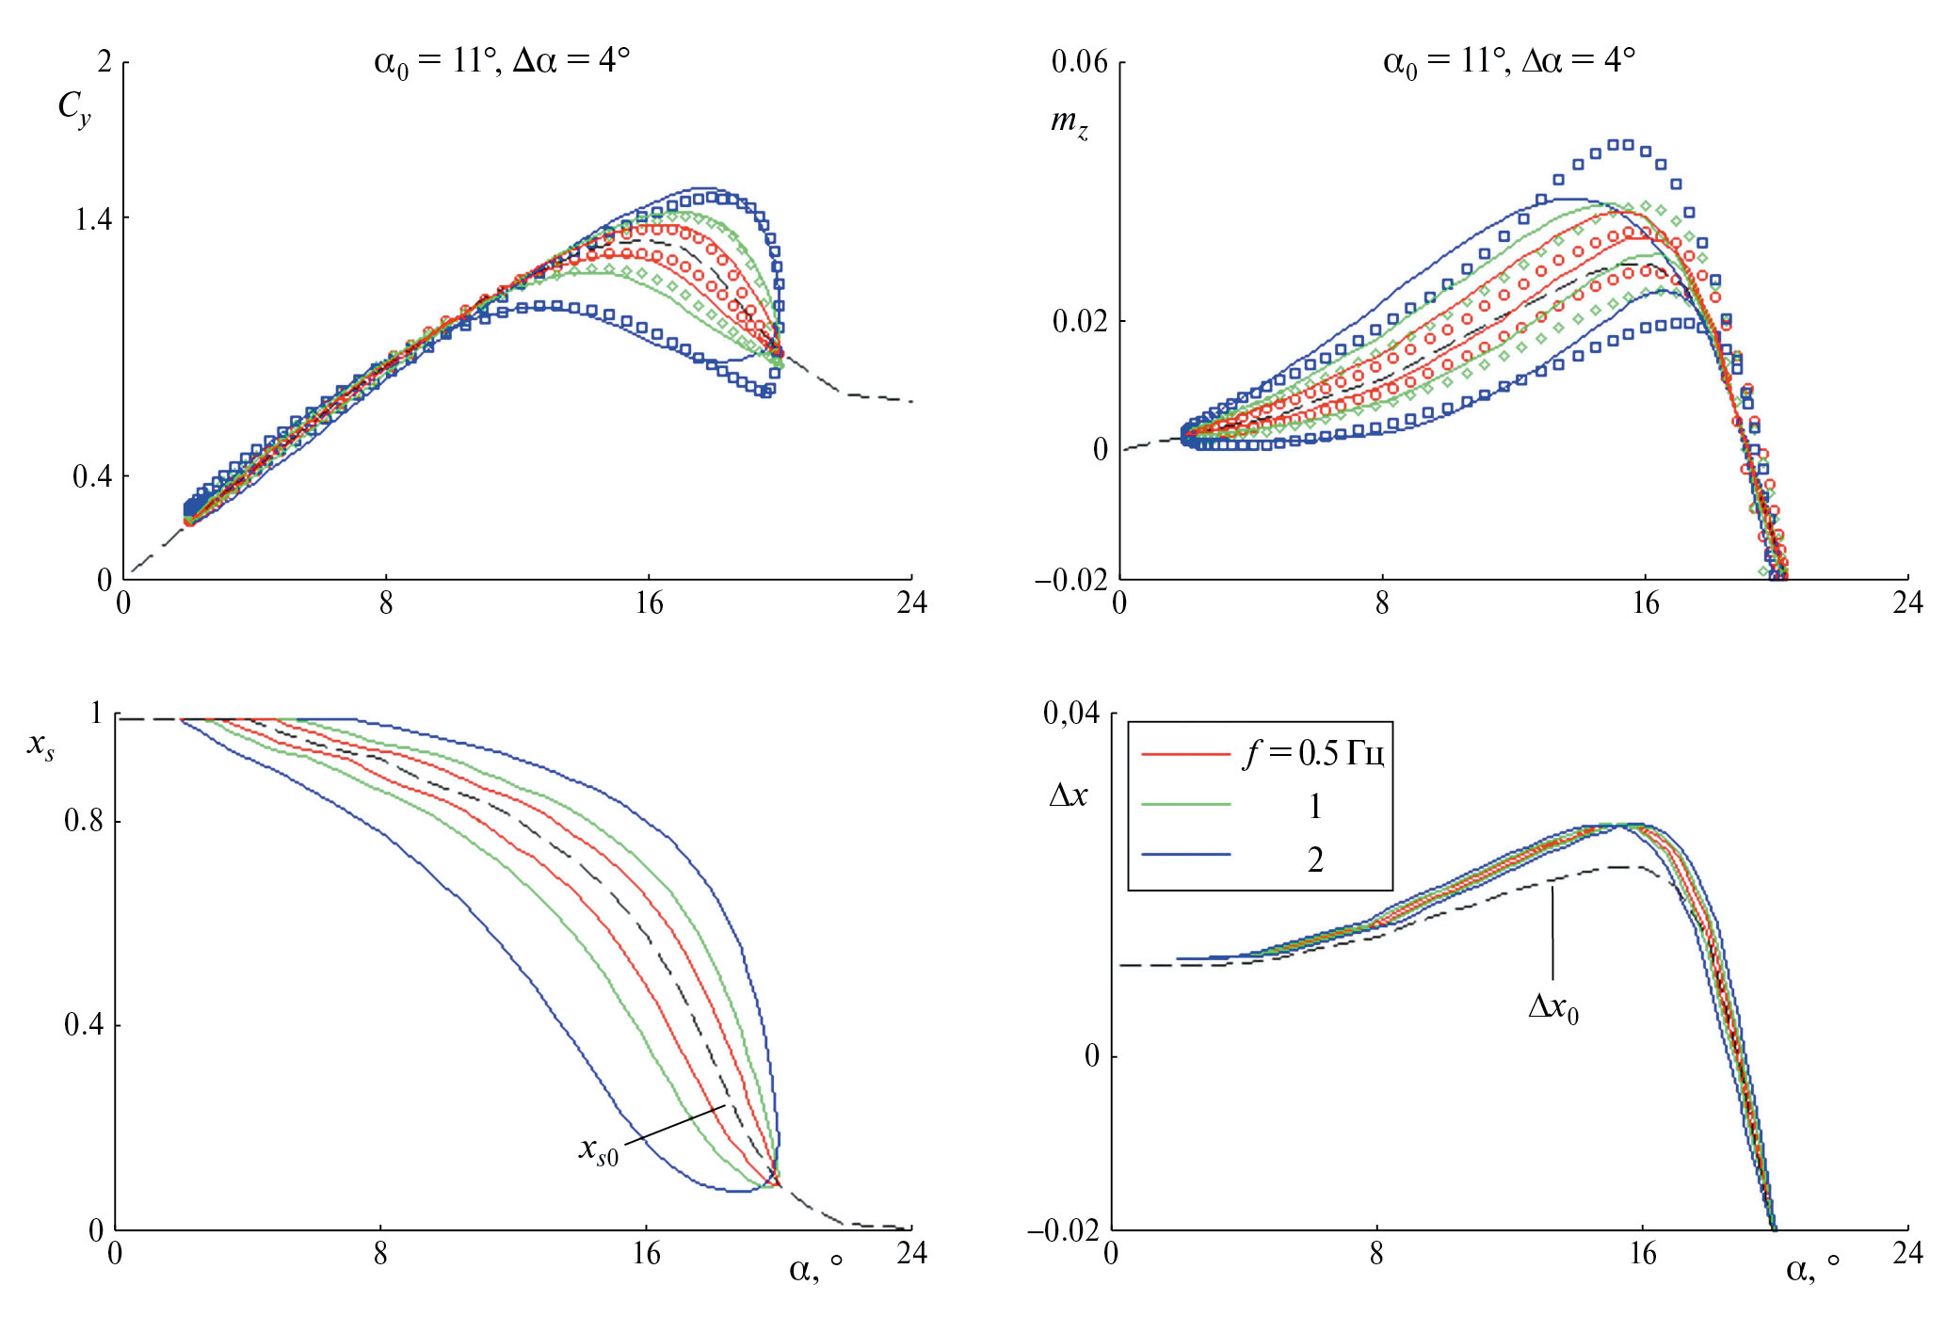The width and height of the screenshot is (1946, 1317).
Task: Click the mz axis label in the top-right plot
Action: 1069,122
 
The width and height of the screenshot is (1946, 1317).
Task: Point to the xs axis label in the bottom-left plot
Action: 40,746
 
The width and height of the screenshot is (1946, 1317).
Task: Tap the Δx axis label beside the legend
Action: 1068,795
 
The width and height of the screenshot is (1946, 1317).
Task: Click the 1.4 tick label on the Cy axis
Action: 92,219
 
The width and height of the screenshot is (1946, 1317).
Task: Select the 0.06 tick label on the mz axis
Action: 1079,62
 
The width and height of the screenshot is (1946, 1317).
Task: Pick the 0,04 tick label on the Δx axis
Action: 1070,714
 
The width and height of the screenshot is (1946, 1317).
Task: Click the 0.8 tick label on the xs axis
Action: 84,821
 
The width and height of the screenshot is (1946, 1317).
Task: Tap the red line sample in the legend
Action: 1185,755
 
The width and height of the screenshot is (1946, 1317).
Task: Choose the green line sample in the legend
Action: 1185,805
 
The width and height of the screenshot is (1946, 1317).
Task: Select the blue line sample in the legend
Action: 1185,855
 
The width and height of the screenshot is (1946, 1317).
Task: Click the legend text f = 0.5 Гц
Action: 1313,753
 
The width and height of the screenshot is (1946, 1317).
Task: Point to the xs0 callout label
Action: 598,1149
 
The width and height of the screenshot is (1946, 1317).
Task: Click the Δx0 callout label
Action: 1552,1007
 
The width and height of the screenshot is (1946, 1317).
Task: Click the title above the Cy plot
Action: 501,62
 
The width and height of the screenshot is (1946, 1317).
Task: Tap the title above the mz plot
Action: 1508,62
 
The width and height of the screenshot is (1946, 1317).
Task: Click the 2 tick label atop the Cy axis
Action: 105,62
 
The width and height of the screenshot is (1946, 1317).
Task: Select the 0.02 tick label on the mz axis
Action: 1079,321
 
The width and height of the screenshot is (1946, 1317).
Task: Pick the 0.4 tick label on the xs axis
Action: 84,1024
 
